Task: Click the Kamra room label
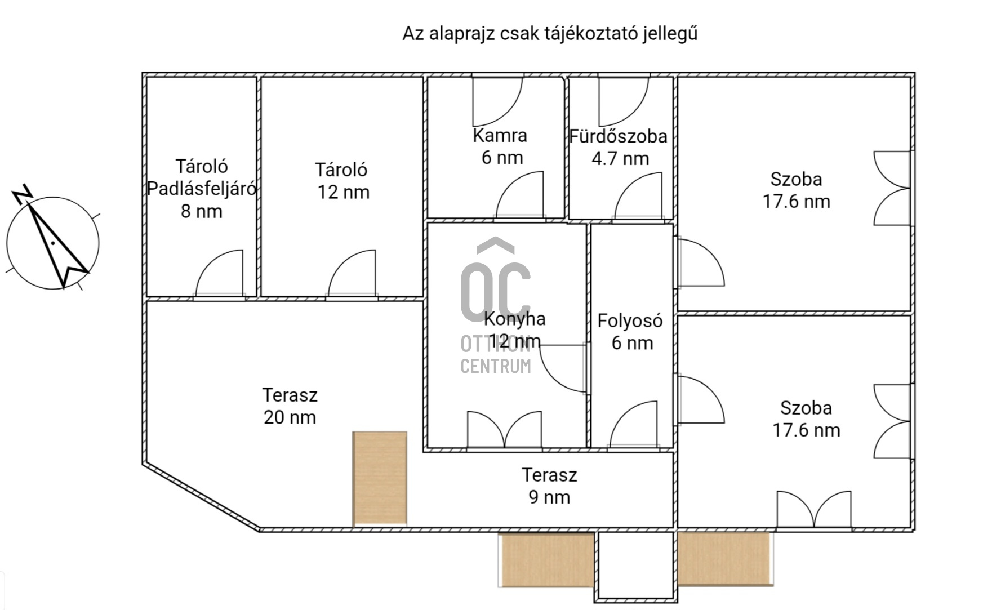coord(500,136)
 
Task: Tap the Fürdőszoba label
coord(618,136)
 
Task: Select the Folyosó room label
coord(630,321)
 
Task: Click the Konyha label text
coord(514,319)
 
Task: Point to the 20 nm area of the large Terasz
coord(290,417)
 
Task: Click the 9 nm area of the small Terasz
coord(549,497)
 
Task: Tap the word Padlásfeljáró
coord(202,189)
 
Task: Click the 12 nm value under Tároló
coord(343,192)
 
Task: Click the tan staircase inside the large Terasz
coord(380,478)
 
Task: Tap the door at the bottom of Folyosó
coord(634,425)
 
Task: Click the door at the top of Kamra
coord(497,101)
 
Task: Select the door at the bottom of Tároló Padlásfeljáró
coord(219,274)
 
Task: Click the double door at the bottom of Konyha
coord(504,430)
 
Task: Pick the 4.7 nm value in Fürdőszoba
coord(620,159)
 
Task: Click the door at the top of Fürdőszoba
coord(624,101)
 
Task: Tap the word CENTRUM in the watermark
coord(496,366)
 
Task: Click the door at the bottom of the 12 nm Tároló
coord(352,274)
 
